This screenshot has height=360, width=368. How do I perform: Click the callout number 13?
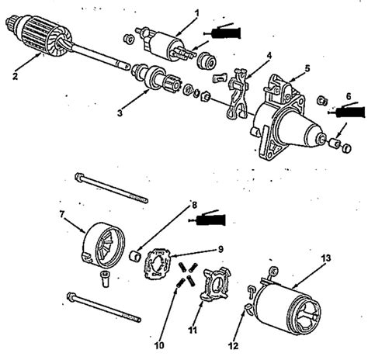pos(325,258)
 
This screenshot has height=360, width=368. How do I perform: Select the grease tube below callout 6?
pos(348,112)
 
